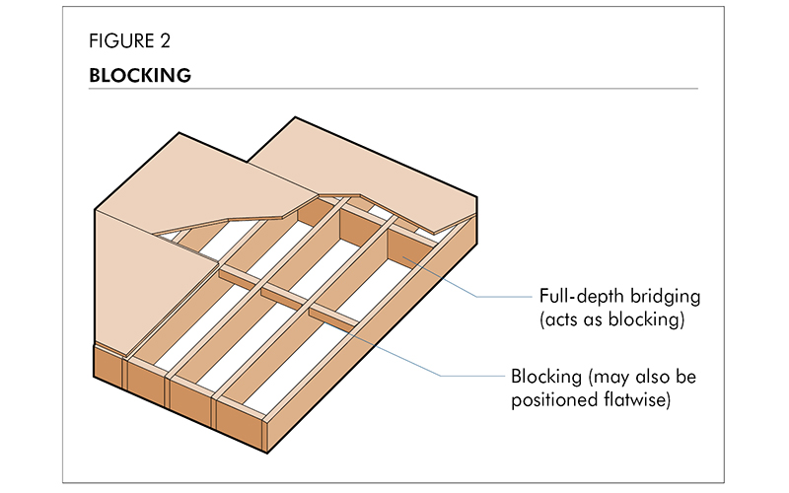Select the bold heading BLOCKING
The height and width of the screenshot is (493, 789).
click(x=139, y=75)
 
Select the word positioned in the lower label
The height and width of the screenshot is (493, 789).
click(x=552, y=400)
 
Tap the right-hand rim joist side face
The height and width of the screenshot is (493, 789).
click(x=394, y=345)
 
